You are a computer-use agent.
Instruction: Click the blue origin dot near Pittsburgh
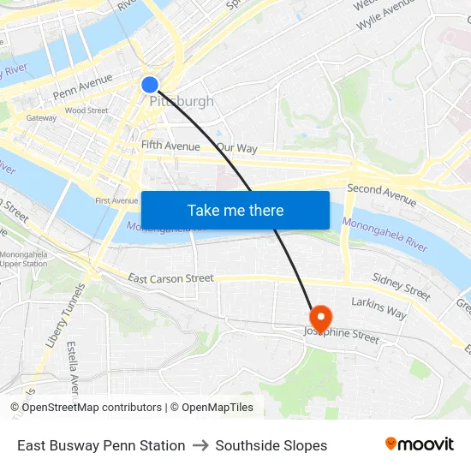click(149, 84)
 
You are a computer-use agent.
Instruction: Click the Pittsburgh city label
click(182, 101)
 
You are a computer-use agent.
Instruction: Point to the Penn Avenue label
click(82, 86)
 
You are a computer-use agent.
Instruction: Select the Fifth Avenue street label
click(170, 146)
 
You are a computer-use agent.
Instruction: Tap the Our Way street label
click(237, 148)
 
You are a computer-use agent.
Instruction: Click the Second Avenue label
click(381, 195)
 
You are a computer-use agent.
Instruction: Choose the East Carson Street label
click(170, 278)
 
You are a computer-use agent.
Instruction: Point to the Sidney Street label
click(402, 287)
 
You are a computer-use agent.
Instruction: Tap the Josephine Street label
click(343, 335)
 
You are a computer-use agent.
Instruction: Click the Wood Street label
click(86, 110)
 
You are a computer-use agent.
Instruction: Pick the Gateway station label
click(41, 118)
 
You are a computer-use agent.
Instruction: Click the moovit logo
click(419, 444)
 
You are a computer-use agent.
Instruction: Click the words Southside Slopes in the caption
click(271, 445)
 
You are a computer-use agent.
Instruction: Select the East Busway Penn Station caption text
click(101, 445)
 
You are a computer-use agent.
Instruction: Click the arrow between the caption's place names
click(200, 445)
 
